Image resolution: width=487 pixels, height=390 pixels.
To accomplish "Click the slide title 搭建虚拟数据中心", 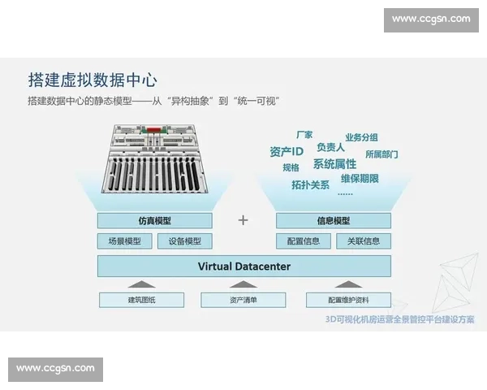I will pyautogui.click(x=91, y=80).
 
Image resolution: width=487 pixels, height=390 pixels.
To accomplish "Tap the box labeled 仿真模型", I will pyautogui.click(x=154, y=220).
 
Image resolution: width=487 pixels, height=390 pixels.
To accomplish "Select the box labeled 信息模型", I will pyautogui.click(x=334, y=220).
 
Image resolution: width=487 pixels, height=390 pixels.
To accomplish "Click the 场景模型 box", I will pyautogui.click(x=124, y=240).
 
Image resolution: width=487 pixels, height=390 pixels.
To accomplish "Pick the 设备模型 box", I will pyautogui.click(x=184, y=240).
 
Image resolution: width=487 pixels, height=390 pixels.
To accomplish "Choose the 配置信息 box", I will pyautogui.click(x=304, y=240).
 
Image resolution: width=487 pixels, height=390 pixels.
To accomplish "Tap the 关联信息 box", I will pyautogui.click(x=363, y=240).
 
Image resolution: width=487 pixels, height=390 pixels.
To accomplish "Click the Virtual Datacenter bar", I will pyautogui.click(x=243, y=266).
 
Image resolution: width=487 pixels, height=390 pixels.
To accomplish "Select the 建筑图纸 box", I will pyautogui.click(x=141, y=300).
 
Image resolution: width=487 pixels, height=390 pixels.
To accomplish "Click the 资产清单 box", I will pyautogui.click(x=243, y=300).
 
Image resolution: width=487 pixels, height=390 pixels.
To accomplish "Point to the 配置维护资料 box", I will pyautogui.click(x=348, y=300).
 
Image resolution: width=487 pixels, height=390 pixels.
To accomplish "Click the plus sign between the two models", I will pyautogui.click(x=243, y=220).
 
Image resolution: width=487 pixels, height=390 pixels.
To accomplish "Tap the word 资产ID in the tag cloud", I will pyautogui.click(x=287, y=151).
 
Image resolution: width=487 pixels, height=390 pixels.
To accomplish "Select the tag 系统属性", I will pyautogui.click(x=334, y=164).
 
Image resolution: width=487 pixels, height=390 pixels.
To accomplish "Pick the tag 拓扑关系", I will pyautogui.click(x=310, y=184).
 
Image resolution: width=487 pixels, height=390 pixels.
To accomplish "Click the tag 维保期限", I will pyautogui.click(x=360, y=178).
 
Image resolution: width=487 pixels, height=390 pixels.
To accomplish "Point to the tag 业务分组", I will pyautogui.click(x=361, y=137).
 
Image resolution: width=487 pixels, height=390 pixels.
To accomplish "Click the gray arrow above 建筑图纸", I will pyautogui.click(x=141, y=284).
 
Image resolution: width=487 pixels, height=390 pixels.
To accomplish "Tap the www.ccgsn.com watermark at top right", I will pyautogui.click(x=431, y=19).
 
